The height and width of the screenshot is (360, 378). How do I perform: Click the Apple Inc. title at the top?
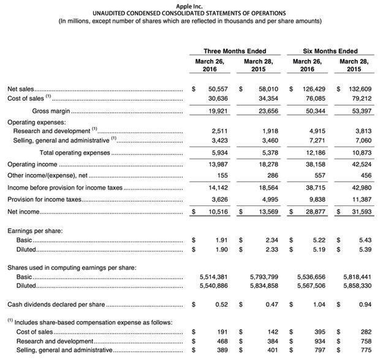click(189, 6)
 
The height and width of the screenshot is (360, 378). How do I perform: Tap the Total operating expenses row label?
click(75, 153)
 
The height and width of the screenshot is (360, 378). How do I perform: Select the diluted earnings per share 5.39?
click(365, 250)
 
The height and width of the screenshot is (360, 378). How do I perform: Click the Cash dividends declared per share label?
click(55, 304)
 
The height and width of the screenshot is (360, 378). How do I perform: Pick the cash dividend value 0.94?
click(365, 304)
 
